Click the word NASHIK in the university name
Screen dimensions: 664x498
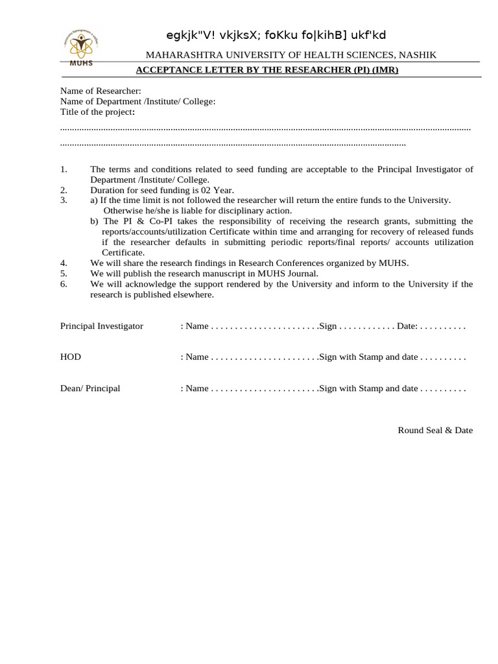(x=418, y=55)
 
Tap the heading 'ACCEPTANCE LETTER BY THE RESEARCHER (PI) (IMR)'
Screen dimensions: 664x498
(x=267, y=70)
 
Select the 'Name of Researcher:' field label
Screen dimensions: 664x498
(x=101, y=91)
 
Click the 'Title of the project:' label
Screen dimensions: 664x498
(x=98, y=112)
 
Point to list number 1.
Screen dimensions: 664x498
(x=64, y=169)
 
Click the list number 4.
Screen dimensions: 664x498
(x=64, y=263)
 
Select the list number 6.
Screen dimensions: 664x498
(x=64, y=284)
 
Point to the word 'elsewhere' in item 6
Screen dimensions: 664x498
(x=190, y=294)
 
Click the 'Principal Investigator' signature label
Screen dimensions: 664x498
(x=102, y=326)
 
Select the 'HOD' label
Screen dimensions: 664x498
(x=71, y=357)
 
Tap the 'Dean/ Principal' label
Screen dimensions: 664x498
(x=90, y=388)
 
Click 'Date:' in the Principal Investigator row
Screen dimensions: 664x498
(x=407, y=326)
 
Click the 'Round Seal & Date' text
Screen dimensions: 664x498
(x=435, y=430)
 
